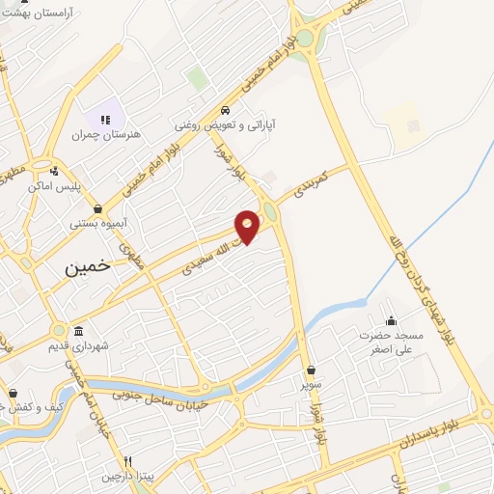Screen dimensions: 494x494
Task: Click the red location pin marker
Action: tap(248, 225)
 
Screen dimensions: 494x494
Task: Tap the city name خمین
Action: tap(88, 269)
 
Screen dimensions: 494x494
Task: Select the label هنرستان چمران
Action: tap(106, 135)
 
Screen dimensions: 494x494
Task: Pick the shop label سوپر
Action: tap(311, 384)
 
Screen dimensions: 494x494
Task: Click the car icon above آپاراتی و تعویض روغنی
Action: tap(225, 109)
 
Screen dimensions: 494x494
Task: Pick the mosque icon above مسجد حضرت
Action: tap(391, 320)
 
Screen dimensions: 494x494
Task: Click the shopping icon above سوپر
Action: tap(311, 370)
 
